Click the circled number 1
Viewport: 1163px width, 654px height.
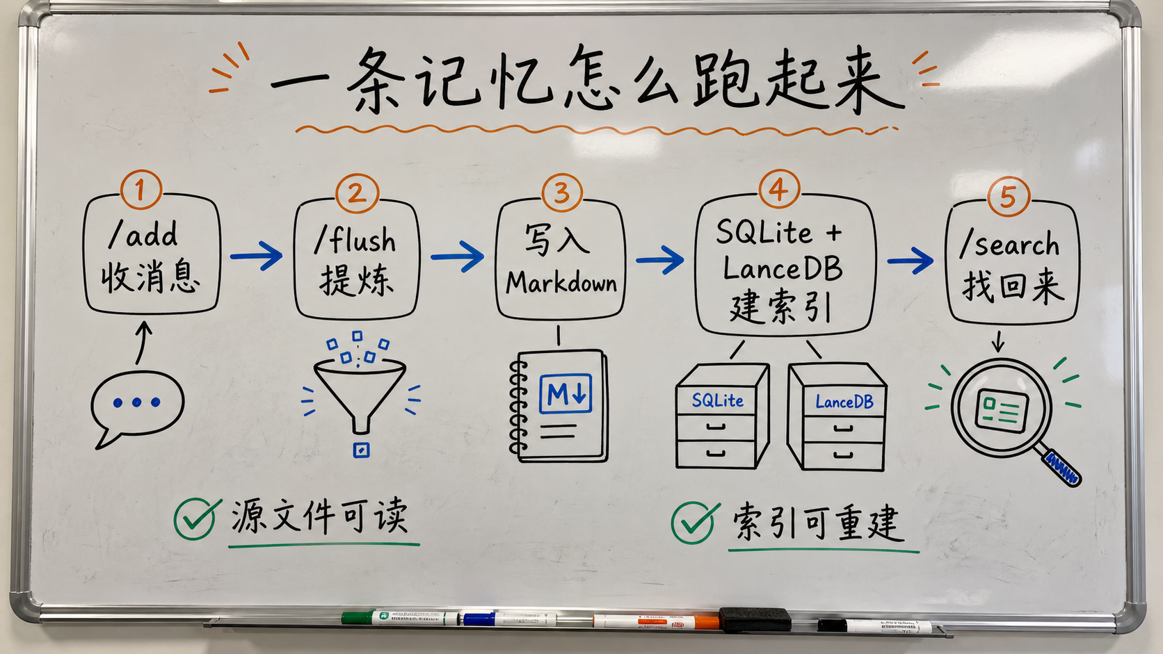[x=141, y=189]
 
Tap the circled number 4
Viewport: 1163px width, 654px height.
[x=779, y=189]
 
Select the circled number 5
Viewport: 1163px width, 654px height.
[x=1008, y=197]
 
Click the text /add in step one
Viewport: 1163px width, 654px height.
[x=143, y=235]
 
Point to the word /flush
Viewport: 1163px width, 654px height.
[x=355, y=239]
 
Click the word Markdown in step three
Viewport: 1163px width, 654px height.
[x=561, y=283]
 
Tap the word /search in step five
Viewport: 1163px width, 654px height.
[x=1009, y=244]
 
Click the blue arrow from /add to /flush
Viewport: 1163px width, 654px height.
[x=257, y=256]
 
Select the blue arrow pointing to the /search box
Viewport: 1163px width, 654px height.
[x=910, y=261]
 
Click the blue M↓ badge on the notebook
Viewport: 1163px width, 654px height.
[x=566, y=393]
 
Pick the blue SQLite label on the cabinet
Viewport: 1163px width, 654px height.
[x=718, y=400]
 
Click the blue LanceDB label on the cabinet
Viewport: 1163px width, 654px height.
[x=844, y=402]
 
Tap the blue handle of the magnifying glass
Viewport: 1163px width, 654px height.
[x=1062, y=468]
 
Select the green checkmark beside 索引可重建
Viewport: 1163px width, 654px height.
[x=695, y=522]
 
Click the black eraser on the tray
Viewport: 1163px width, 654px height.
[x=755, y=619]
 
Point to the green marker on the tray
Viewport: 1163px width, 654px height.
[x=400, y=617]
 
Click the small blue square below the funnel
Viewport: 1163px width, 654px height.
[x=362, y=450]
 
